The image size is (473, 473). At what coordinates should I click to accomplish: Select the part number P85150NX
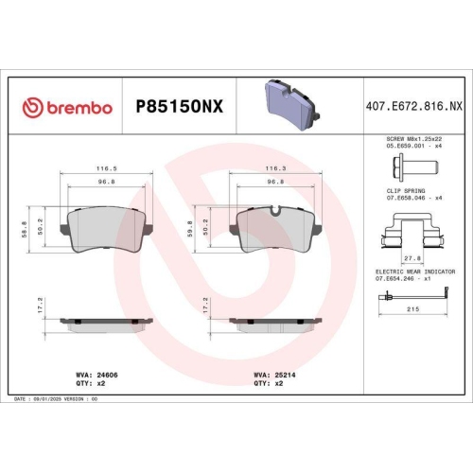click(179, 107)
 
